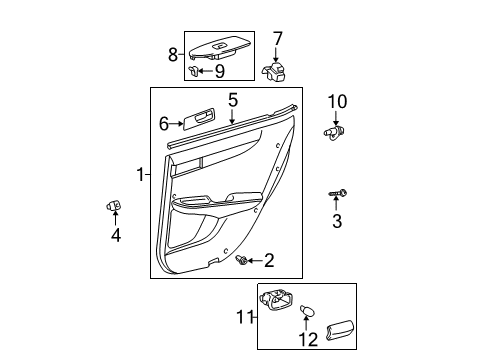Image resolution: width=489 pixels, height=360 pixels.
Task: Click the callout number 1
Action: pyautogui.click(x=141, y=174)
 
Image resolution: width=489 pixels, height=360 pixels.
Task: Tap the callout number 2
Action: pyautogui.click(x=269, y=260)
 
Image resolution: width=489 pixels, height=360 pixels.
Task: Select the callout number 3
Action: pyautogui.click(x=337, y=221)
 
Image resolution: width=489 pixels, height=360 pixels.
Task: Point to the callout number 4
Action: pyautogui.click(x=116, y=235)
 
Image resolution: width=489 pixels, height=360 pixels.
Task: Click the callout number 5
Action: pyautogui.click(x=233, y=100)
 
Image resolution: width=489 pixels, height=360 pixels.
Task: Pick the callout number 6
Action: pyautogui.click(x=164, y=124)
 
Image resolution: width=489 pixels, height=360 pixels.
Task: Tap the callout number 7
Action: pyautogui.click(x=277, y=39)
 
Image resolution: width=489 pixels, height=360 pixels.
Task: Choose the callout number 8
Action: pyautogui.click(x=173, y=54)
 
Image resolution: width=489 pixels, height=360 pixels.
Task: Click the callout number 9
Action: pyautogui.click(x=220, y=71)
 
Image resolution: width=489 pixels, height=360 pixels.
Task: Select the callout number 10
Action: pyautogui.click(x=337, y=102)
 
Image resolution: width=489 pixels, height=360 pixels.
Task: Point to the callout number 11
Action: pyautogui.click(x=245, y=317)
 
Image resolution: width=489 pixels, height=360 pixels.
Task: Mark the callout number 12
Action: pyautogui.click(x=308, y=340)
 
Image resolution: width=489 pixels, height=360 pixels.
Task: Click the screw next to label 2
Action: pyautogui.click(x=241, y=260)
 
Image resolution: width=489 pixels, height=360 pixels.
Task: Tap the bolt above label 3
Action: pyautogui.click(x=338, y=193)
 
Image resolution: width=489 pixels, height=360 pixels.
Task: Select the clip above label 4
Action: pyautogui.click(x=114, y=206)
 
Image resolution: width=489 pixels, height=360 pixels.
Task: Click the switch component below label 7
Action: pyautogui.click(x=273, y=72)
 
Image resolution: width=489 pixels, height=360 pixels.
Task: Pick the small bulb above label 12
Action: pyautogui.click(x=307, y=311)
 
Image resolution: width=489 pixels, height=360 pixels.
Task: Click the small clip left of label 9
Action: pyautogui.click(x=193, y=71)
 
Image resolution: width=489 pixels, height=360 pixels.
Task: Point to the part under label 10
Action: pyautogui.click(x=334, y=133)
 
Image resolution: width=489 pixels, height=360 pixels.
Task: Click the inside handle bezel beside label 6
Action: pyautogui.click(x=199, y=119)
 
